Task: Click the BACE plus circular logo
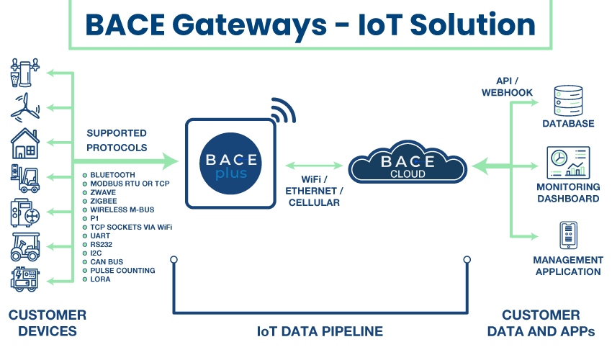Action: point(230,163)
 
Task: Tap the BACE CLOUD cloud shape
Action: point(408,163)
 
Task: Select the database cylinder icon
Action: point(568,101)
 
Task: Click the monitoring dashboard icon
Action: point(568,163)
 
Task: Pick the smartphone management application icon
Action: point(568,235)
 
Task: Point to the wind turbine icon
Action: point(25,107)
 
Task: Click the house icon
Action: point(25,143)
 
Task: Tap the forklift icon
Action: point(25,179)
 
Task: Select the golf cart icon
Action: point(25,247)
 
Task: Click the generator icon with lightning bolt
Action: point(25,279)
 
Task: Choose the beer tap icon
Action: point(25,73)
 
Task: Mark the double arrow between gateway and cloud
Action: point(314,166)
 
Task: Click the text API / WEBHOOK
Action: point(507,86)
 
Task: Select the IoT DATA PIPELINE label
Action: point(320,331)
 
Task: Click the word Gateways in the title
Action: point(249,26)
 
